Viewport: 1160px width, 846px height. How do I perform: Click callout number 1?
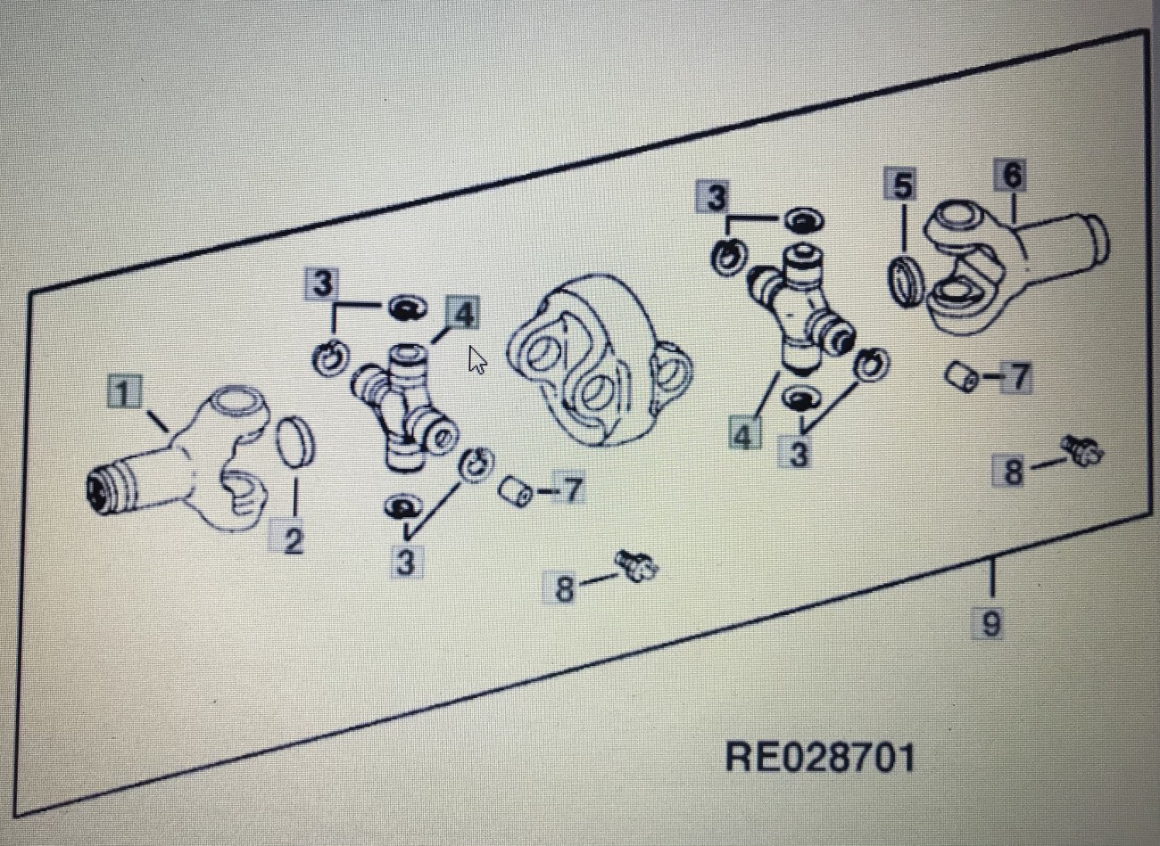(x=126, y=392)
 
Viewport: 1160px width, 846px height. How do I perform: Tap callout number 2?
(x=293, y=540)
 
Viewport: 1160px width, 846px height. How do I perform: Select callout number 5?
(x=902, y=186)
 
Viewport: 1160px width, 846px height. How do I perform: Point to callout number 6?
(x=1011, y=176)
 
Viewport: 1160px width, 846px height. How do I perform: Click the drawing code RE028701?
(x=820, y=758)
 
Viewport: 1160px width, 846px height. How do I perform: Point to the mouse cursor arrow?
(x=477, y=360)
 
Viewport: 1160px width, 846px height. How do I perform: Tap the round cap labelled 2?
(x=295, y=439)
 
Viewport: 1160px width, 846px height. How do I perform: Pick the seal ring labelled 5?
(x=907, y=282)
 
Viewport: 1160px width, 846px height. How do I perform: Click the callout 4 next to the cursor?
(x=463, y=313)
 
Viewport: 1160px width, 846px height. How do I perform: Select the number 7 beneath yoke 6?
(x=1017, y=378)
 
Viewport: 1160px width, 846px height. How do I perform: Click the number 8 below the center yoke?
(x=564, y=589)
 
